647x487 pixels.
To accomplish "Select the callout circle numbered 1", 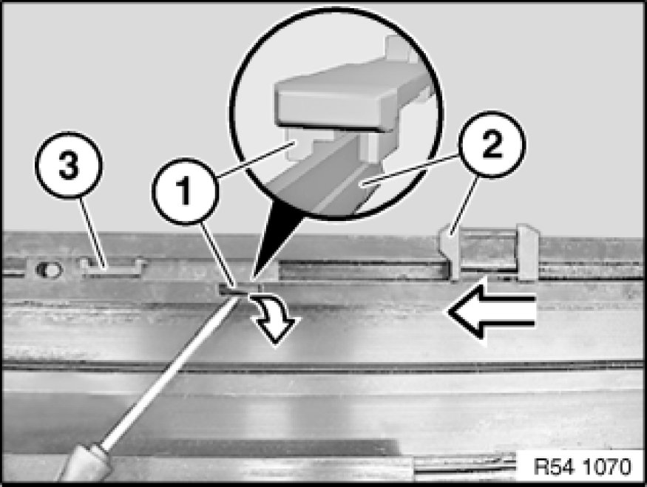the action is pos(183,191).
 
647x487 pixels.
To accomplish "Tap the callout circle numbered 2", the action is pos(492,144).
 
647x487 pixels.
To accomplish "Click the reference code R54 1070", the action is pos(582,467).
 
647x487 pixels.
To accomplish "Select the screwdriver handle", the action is pos(84,464).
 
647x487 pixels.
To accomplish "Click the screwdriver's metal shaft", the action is pos(170,371).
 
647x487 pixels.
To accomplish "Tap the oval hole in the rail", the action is pos(49,270).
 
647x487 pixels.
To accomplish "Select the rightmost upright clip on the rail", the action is pos(527,251).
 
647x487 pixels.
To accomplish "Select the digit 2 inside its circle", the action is pos(492,144).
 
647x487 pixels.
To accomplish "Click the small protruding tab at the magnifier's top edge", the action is pos(399,45).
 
